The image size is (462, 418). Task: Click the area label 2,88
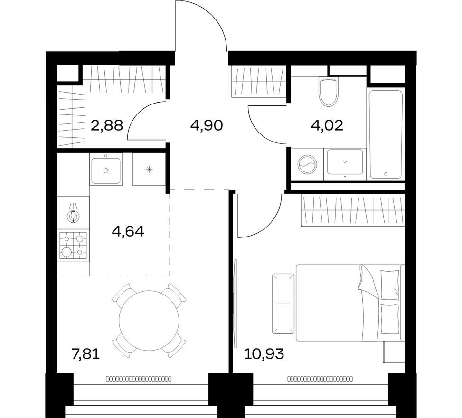106,126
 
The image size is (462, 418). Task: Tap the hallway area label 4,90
207,126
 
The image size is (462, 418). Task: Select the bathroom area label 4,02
327,126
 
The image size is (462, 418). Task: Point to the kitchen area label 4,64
127,232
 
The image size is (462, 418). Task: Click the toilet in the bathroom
329,92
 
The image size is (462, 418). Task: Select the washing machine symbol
306,165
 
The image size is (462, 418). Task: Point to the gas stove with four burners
74,245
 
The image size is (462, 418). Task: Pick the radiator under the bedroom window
321,379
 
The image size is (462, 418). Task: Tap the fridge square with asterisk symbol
149,170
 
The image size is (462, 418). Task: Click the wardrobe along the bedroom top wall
352,210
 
